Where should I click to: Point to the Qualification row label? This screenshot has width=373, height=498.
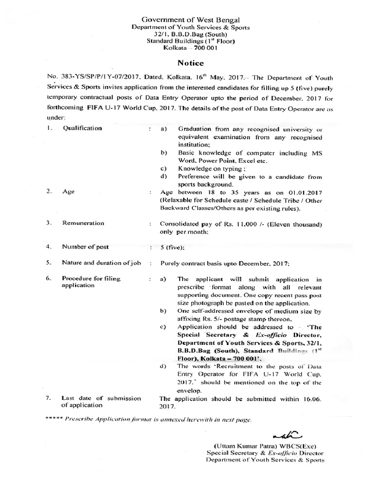[82, 128]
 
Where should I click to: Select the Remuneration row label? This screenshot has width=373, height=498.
[83, 223]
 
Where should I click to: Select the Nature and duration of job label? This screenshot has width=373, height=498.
[101, 263]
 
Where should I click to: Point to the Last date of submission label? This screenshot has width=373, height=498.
[101, 398]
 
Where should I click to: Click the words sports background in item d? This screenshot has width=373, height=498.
[206, 184]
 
